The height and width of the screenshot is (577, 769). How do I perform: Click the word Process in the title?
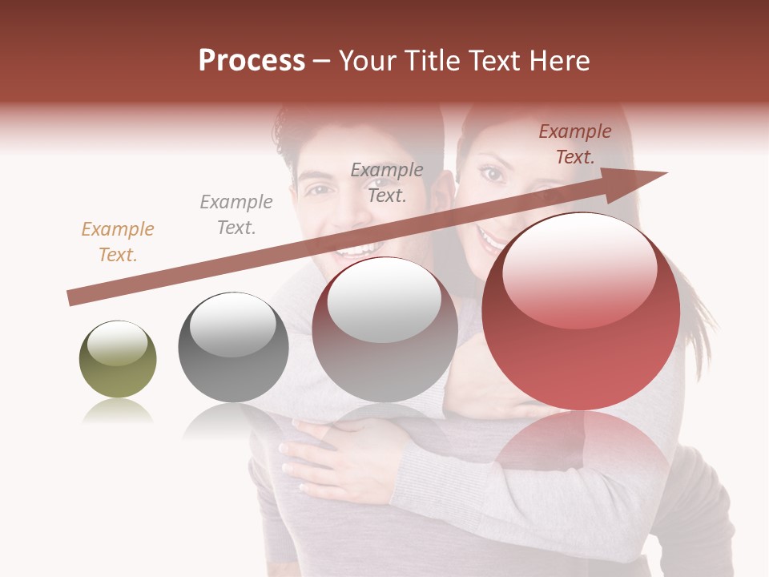252,61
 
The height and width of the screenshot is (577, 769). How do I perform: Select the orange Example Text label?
118,241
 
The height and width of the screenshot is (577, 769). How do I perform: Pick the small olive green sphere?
118,360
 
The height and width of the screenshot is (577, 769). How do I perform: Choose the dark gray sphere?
233,347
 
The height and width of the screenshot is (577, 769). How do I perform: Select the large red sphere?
581,312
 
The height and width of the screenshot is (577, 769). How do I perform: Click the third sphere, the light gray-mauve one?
384,329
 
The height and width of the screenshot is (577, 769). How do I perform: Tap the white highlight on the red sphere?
579,268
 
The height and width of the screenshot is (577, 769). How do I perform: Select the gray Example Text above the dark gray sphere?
236,214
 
